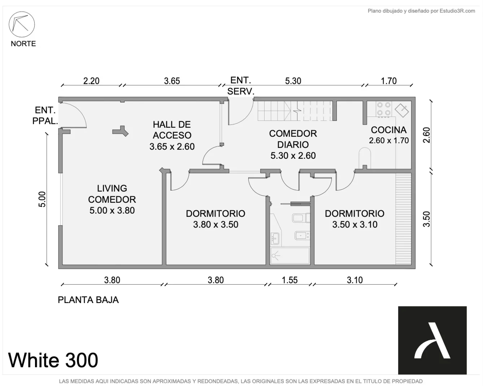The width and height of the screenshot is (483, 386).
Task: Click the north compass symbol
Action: (22, 24)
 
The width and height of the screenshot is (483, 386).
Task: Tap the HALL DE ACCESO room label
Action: (172, 135)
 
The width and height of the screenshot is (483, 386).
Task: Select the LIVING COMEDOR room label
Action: (112, 199)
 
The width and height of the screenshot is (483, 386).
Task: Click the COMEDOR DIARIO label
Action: (293, 144)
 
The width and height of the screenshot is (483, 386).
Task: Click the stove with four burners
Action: (384, 109)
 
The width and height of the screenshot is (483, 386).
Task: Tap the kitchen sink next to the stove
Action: (402, 110)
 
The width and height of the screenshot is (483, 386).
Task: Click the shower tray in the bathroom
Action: (290, 256)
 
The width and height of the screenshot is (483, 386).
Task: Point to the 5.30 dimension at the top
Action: (293, 81)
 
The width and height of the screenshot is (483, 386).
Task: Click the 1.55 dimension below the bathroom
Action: (290, 280)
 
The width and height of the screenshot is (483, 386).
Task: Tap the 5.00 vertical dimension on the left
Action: (42, 199)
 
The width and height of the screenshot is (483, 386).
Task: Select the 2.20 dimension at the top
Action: (91, 81)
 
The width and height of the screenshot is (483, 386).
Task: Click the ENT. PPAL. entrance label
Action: (45, 115)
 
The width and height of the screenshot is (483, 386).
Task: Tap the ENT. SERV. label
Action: (241, 86)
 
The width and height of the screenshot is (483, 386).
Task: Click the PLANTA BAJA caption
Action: (88, 300)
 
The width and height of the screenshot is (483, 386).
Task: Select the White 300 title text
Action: (53, 360)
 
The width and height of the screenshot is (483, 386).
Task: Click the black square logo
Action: (432, 340)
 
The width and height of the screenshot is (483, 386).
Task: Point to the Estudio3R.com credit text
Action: (421, 11)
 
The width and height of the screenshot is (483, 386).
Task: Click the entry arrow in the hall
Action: (120, 131)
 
